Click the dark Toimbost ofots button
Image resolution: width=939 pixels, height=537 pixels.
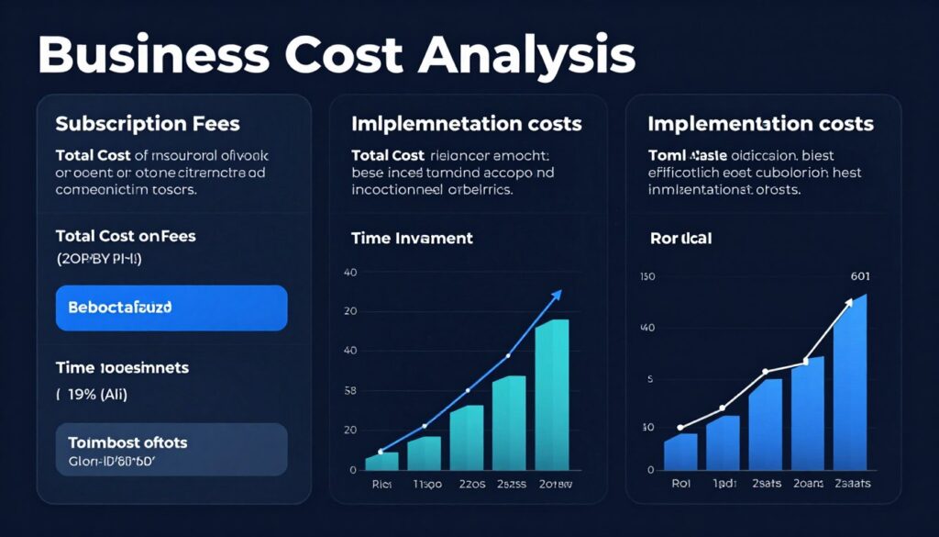171,449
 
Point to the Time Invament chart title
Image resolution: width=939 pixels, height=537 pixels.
412,238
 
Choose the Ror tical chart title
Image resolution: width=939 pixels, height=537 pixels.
680,238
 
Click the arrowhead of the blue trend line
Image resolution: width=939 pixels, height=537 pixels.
557,296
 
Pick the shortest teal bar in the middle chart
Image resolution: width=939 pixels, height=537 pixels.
381,461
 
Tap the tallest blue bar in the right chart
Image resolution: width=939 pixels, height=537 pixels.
849,381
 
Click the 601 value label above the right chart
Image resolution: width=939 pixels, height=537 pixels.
860,274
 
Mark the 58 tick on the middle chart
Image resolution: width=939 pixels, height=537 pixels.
348,391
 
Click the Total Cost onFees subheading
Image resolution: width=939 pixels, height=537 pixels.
126,236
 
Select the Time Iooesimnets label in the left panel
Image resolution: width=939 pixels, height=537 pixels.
122,368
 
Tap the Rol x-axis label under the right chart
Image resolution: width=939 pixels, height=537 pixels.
679,483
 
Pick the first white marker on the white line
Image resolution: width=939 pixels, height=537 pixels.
679,428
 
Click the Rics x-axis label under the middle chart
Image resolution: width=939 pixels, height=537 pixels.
381,483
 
